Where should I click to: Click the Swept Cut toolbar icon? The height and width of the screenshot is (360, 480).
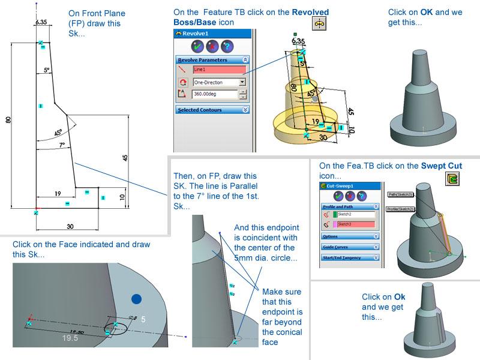click(453, 178)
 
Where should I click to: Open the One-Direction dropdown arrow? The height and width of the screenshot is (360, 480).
click(242, 82)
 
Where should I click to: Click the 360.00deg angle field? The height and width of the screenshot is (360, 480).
click(214, 94)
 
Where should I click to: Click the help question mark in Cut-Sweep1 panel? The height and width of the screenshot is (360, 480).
click(361, 196)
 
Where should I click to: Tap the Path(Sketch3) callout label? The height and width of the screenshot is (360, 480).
click(401, 194)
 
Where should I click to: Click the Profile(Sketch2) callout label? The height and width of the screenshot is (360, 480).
click(400, 209)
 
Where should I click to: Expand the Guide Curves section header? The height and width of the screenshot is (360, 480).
click(350, 247)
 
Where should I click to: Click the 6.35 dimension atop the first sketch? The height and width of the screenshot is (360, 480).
click(41, 22)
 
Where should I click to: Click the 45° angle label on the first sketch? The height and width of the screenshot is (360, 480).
click(58, 133)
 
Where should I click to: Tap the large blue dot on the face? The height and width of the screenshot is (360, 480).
click(136, 299)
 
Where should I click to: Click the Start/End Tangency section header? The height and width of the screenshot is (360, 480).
click(350, 257)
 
